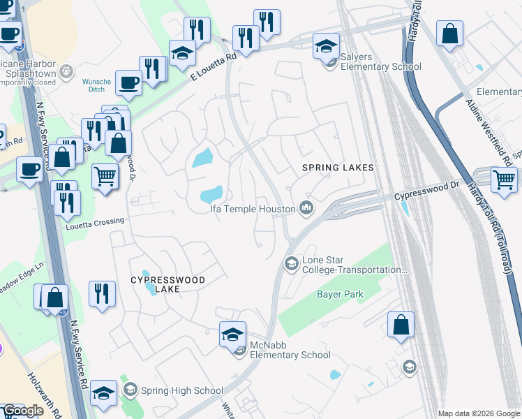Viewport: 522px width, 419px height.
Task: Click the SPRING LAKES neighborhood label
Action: (338, 168)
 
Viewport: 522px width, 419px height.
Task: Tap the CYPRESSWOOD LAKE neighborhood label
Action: (168, 284)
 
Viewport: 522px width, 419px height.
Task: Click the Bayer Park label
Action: (340, 295)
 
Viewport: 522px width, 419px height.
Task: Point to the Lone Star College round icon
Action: (291, 263)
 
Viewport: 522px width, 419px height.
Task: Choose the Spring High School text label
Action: (182, 390)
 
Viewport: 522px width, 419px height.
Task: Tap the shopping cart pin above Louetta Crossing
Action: (105, 176)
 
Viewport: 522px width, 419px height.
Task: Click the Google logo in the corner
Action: (23, 411)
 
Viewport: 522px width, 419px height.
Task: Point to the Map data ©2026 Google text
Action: (479, 413)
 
